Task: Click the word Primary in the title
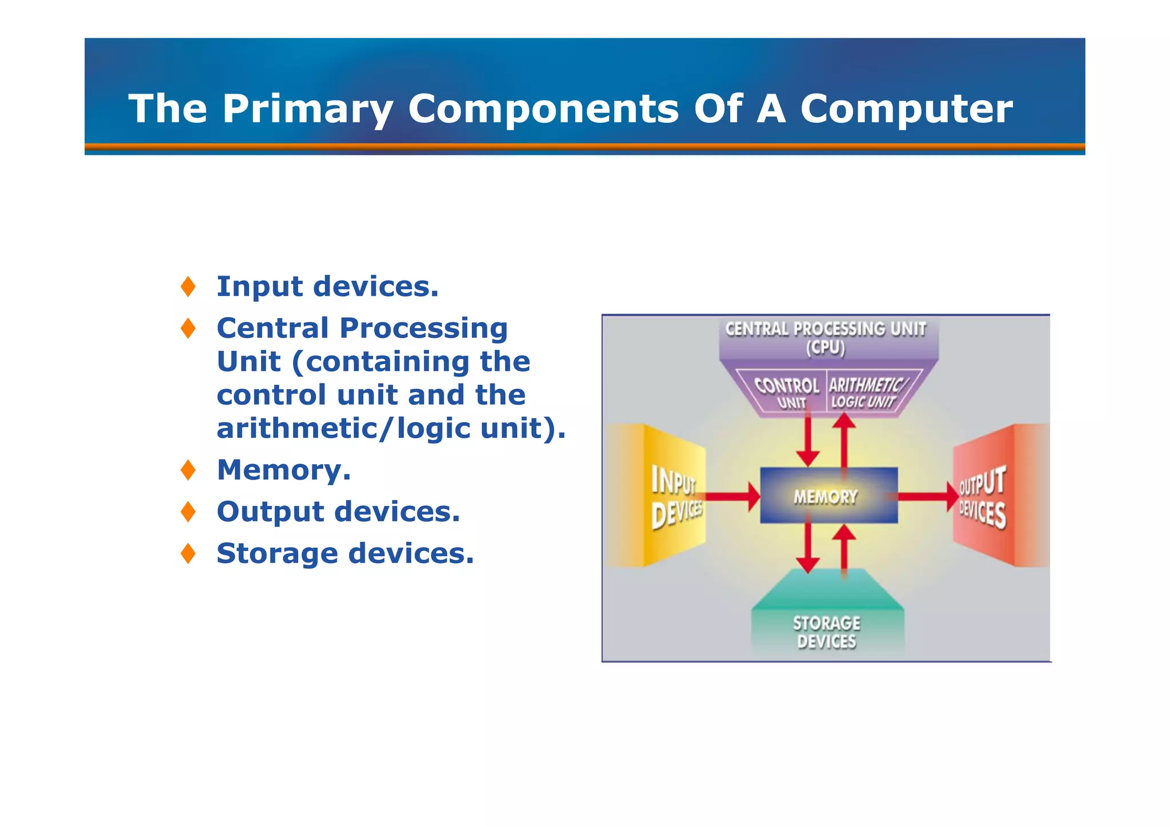tap(307, 109)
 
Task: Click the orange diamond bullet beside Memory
tap(188, 470)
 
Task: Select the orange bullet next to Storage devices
tap(188, 553)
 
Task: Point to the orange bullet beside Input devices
tap(188, 286)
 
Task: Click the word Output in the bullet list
tap(270, 512)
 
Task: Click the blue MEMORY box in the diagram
tap(828, 496)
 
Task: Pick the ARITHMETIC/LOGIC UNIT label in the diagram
tap(865, 393)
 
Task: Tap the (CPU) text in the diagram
tap(826, 347)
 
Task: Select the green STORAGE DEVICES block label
tap(827, 632)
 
